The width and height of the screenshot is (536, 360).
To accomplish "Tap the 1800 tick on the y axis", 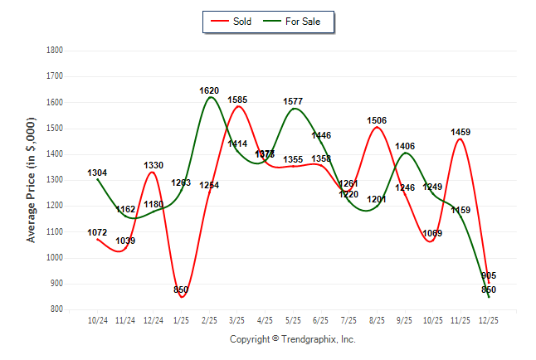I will (54, 50).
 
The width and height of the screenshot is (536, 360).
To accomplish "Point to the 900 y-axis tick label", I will (56, 284).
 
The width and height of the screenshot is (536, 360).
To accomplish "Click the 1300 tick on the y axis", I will (54, 180).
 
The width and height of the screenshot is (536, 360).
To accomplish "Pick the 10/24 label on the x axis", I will (98, 319).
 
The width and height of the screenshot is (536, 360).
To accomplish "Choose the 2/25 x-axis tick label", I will (209, 319).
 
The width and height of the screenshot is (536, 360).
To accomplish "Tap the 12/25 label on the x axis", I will (489, 319).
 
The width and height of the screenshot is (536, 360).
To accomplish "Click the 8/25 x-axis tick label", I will (377, 319).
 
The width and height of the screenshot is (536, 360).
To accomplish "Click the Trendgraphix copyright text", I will (292, 339).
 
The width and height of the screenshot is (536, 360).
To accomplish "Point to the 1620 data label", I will (209, 90).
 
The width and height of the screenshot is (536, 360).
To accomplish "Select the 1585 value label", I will (237, 100).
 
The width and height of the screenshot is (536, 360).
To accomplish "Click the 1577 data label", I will (293, 101).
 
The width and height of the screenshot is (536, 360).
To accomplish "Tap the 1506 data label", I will (377, 120).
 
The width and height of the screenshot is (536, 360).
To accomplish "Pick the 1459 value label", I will (460, 132).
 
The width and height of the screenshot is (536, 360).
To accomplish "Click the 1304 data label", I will (97, 173).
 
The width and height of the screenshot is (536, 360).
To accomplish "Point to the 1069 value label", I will (432, 233).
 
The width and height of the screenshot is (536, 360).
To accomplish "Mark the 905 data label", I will (489, 275).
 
